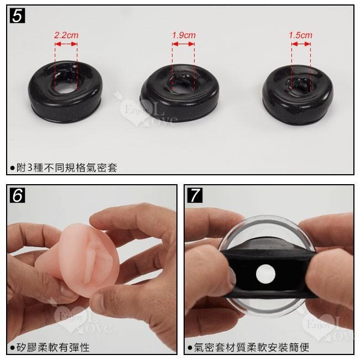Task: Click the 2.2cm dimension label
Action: [66, 35]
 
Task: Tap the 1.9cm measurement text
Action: [184, 35]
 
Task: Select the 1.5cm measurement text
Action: [300, 35]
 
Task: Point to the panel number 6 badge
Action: [17, 195]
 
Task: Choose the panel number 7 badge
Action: [195, 195]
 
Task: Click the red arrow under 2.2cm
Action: [66, 44]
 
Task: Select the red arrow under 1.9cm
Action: [183, 44]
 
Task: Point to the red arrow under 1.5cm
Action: [301, 44]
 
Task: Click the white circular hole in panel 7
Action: [265, 274]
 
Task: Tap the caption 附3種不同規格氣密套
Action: [67, 168]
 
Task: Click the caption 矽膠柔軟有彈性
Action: [53, 347]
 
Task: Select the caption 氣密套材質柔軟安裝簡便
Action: [252, 347]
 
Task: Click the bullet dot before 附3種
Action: [12, 168]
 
